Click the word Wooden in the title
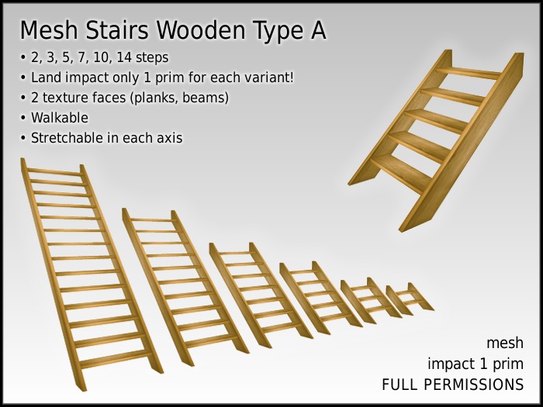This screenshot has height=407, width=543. pos(199,31)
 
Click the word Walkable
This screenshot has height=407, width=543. pos(59,119)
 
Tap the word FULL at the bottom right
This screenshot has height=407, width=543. pos(399,385)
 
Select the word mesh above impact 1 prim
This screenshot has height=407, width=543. pos(505,343)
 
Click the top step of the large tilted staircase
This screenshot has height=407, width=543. pos(470,73)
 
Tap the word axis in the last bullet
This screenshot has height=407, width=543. pos(168,139)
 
